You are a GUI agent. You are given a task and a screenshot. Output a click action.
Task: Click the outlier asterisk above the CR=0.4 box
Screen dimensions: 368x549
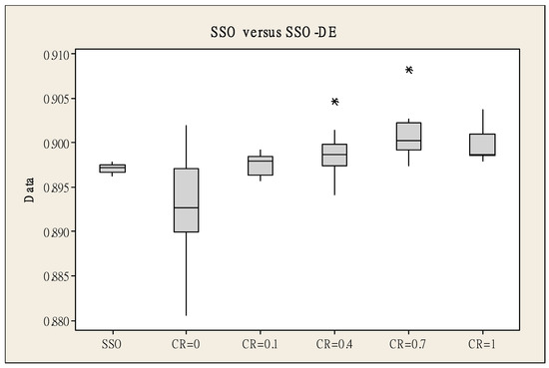335,102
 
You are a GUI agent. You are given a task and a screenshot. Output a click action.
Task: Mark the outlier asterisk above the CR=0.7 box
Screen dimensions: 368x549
409,70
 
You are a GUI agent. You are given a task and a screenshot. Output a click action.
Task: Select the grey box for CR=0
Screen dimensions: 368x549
187,199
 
